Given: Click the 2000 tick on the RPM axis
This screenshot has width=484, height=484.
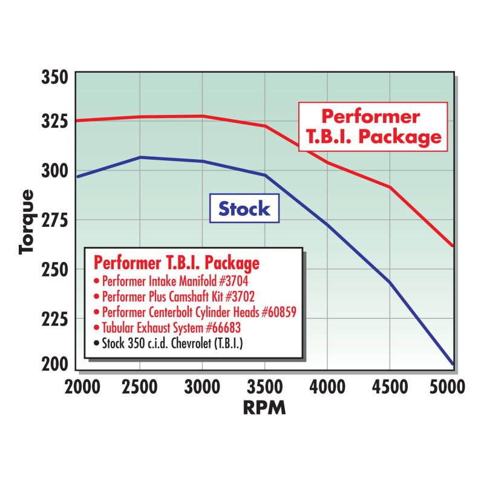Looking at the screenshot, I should (79, 385).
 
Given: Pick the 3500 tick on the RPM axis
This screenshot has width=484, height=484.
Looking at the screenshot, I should (264, 385).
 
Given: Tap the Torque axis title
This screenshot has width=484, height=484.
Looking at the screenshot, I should (28, 221).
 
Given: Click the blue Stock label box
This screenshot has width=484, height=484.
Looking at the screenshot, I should (244, 209).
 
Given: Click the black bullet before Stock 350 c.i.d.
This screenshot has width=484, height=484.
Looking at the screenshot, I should (97, 345).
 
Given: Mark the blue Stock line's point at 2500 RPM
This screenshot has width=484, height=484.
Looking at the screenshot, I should (140, 157).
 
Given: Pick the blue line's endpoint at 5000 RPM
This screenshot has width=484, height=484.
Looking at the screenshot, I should (452, 364).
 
